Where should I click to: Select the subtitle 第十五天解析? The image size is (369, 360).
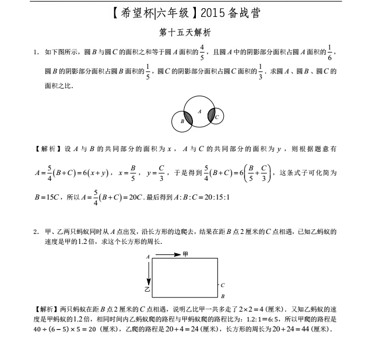[x=184, y=34]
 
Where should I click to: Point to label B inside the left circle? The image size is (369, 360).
[x=182, y=121]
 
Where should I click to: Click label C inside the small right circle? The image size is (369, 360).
[x=217, y=117]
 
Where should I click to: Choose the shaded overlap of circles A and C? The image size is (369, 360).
[x=212, y=115]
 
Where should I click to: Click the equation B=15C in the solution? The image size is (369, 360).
[x=48, y=197]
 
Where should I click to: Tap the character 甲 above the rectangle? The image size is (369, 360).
[x=185, y=254]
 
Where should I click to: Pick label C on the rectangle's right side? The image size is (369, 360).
[x=222, y=285]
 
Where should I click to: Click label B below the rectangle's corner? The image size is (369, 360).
[x=222, y=296]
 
